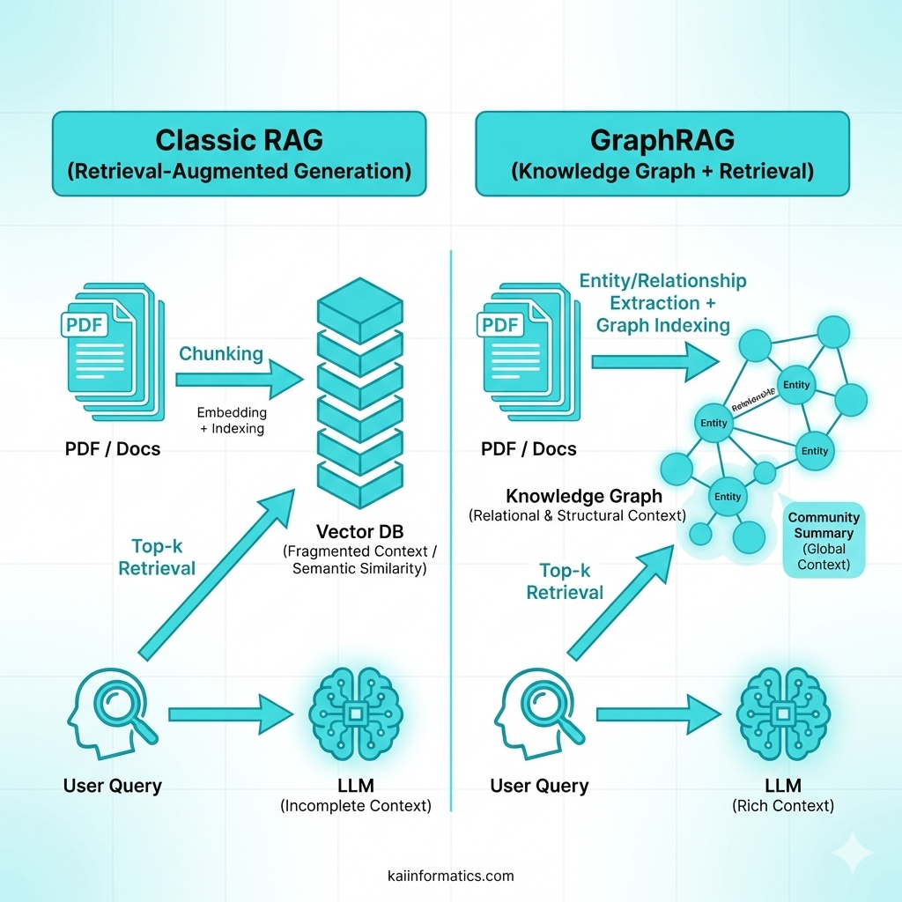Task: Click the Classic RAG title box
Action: click(239, 153)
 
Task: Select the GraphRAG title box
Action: click(662, 153)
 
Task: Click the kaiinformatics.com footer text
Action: click(451, 876)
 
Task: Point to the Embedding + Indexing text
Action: click(232, 420)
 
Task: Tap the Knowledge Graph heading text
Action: click(584, 496)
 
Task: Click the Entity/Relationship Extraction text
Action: click(662, 303)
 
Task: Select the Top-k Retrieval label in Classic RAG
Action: click(157, 557)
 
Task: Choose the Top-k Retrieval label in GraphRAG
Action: click(565, 581)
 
